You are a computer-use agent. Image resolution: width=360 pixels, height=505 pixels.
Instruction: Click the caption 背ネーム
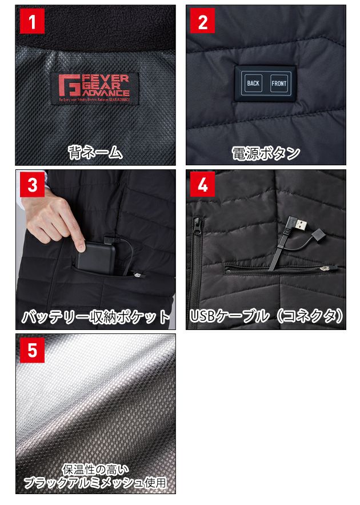coord(95,152)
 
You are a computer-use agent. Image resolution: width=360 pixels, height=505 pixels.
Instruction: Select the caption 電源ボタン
coord(265,153)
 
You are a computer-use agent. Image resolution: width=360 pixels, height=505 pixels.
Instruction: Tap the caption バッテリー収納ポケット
coord(95,317)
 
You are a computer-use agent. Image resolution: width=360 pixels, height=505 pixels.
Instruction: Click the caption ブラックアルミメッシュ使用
coord(95,483)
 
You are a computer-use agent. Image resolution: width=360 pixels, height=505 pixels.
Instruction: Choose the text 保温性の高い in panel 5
coord(95,470)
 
